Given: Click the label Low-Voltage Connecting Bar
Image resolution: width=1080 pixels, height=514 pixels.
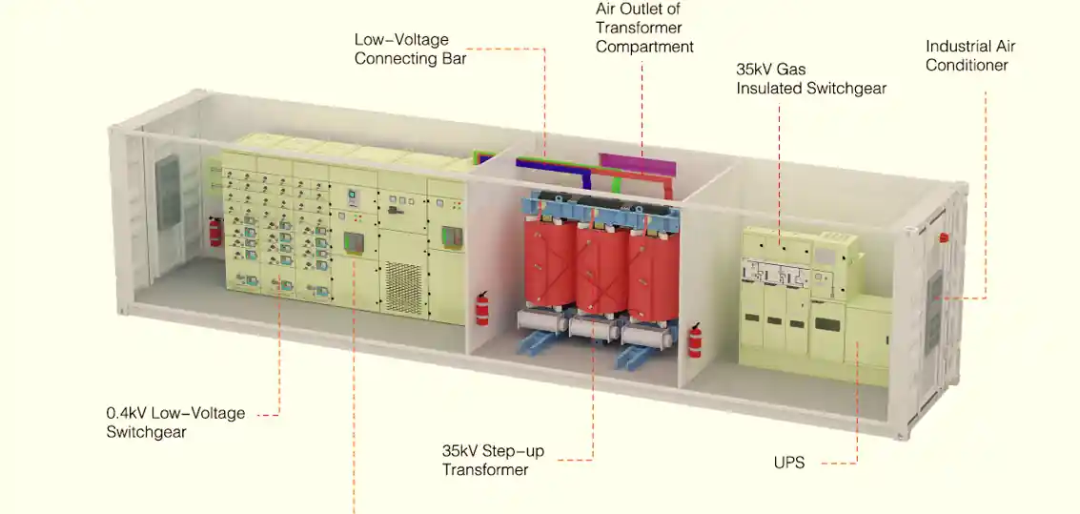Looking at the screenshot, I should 400,49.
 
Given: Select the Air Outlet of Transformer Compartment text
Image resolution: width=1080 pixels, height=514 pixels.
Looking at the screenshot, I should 644,28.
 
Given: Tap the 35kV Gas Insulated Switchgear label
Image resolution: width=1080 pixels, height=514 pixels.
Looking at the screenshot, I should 810,79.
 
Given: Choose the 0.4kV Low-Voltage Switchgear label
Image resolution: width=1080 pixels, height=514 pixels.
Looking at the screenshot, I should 175,422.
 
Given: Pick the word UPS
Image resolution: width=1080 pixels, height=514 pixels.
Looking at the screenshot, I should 789,463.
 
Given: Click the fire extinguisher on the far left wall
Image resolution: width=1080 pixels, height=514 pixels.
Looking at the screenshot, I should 216,231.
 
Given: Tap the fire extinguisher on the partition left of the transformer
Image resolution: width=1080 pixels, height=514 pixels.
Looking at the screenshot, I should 482,308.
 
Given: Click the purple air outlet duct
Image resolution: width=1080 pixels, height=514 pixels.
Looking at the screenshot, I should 637,162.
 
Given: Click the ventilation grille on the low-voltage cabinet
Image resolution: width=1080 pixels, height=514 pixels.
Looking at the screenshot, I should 402,285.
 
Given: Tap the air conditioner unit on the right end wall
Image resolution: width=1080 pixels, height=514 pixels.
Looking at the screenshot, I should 935,298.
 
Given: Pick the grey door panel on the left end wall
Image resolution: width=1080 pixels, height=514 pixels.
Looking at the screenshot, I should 168,193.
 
